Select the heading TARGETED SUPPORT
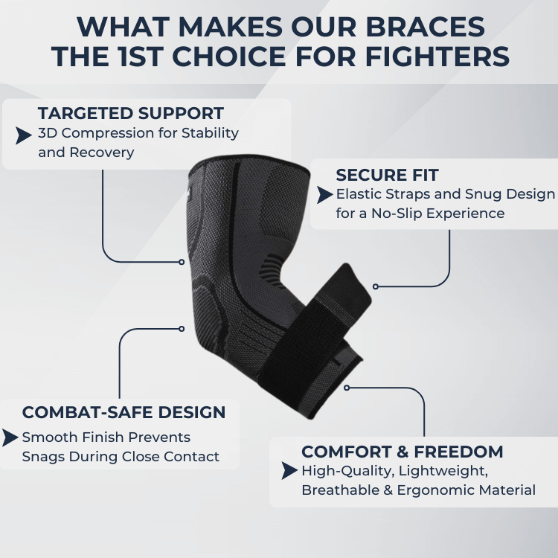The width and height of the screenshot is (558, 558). point(131,114)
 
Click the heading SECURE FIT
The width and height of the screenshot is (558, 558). point(387,176)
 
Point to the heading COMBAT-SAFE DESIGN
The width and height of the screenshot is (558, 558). point(124,412)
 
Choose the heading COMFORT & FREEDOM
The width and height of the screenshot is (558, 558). point(402,452)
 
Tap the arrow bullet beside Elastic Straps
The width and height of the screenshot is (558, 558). point(324,195)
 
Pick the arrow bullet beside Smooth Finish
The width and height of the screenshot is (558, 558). point(10,437)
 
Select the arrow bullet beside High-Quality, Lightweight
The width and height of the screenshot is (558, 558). point(289,471)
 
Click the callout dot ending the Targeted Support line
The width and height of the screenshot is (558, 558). point(182,262)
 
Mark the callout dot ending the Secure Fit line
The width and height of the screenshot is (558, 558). point(376,286)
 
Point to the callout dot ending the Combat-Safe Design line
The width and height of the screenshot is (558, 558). point(182,328)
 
